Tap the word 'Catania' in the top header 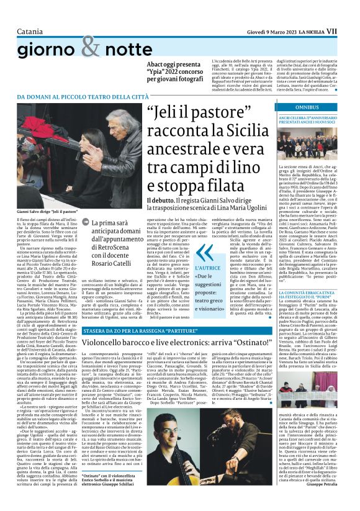pyautogui.click(x=30, y=13)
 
